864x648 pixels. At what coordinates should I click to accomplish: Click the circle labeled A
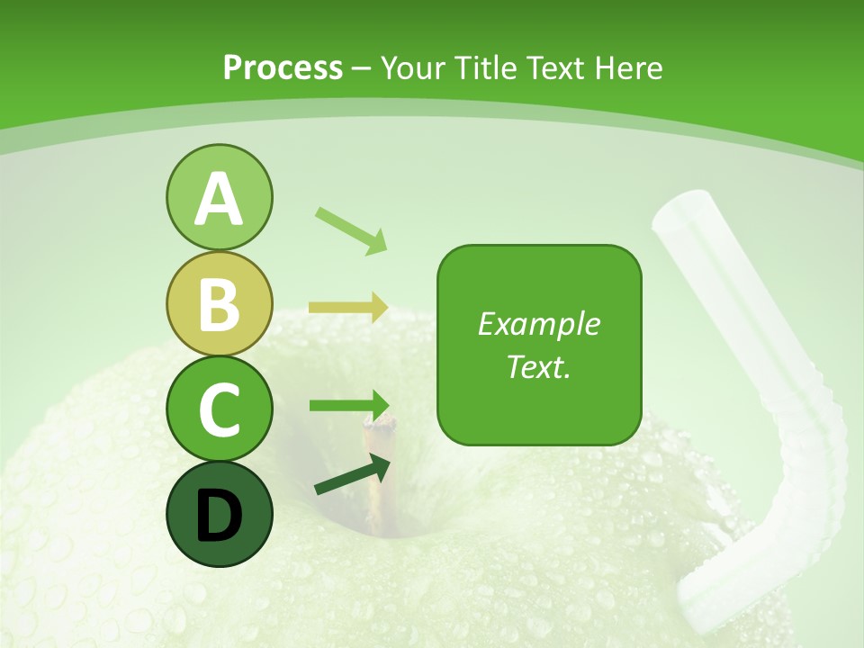click(219, 197)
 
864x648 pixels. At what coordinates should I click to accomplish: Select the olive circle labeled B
click(219, 303)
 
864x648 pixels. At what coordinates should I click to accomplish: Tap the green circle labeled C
click(219, 409)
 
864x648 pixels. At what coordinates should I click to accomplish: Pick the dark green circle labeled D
click(219, 514)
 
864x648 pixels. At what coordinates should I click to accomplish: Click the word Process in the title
click(283, 67)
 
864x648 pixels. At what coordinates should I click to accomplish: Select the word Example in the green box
click(539, 324)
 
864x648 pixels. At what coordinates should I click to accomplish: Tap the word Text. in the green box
click(539, 366)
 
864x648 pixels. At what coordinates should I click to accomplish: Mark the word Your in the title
click(415, 67)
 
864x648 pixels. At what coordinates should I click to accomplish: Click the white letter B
click(219, 304)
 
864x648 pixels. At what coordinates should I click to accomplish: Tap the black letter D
click(219, 516)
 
